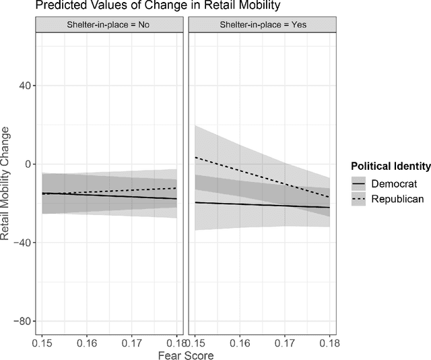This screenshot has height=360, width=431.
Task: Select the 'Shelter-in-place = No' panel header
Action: coord(110,25)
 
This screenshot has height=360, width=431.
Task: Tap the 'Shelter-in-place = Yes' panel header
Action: coord(262,25)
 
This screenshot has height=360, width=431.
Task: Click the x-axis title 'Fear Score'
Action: coord(185,353)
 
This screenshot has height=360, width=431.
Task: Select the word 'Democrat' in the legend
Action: coord(397,183)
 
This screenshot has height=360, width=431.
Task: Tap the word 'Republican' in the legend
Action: coord(401,199)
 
